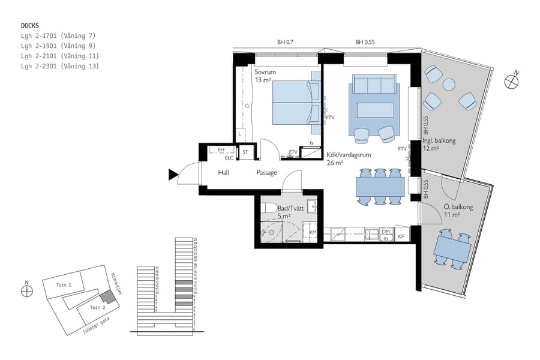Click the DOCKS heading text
tap(30, 26)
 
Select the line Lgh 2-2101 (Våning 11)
tap(59, 56)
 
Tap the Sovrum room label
tap(265, 72)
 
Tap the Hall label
tap(224, 173)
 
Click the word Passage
tap(266, 173)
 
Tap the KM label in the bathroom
tap(313, 232)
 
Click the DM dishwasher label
tap(386, 231)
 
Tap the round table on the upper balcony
tap(449, 85)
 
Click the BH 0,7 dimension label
tap(285, 43)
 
